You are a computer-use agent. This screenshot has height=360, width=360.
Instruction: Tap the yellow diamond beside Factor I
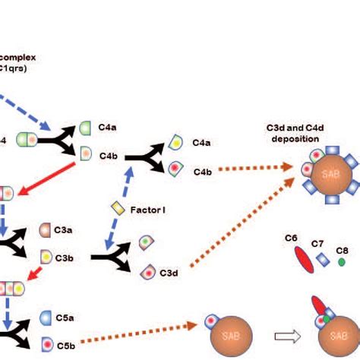(117, 207)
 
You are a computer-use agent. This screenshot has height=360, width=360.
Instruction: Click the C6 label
(291, 238)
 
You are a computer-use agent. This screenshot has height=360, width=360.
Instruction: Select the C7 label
(318, 244)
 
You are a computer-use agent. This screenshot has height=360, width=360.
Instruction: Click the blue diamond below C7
(323, 261)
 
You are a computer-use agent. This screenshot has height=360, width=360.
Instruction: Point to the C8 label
(343, 250)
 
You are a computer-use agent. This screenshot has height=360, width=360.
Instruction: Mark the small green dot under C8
(342, 262)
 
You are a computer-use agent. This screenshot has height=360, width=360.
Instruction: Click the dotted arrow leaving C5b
(141, 337)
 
